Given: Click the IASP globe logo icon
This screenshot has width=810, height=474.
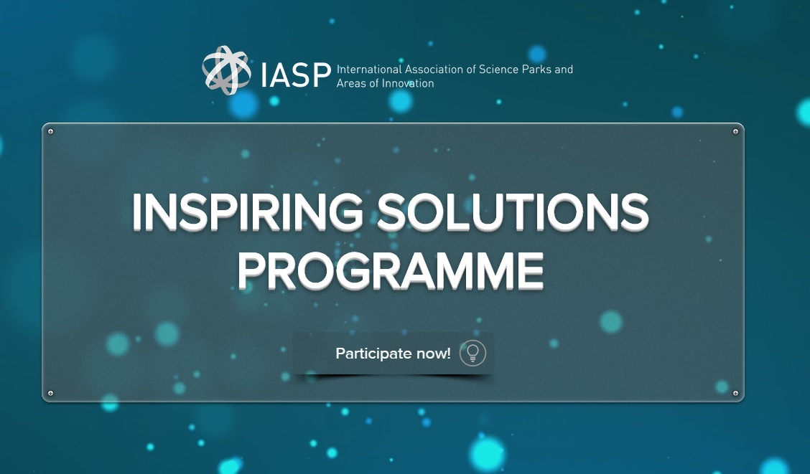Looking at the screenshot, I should (x=226, y=70).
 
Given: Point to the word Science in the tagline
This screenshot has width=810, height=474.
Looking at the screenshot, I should (x=500, y=70).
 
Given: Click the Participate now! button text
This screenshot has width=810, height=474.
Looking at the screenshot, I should (x=393, y=354).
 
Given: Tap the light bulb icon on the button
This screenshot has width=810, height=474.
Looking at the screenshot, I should (x=472, y=353).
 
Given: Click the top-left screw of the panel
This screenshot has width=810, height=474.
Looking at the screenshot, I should (x=50, y=131).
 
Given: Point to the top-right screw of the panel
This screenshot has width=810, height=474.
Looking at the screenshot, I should (x=735, y=131).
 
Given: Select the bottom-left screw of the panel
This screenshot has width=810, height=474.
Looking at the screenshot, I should (x=50, y=393).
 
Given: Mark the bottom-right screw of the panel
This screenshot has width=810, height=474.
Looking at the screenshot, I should (x=735, y=393).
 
